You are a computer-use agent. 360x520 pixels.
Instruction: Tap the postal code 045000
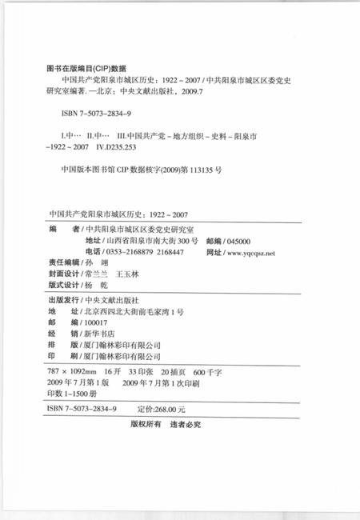(x=239, y=241)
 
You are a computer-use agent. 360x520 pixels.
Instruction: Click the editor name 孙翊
(x=100, y=262)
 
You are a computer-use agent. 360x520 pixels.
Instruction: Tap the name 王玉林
(x=127, y=274)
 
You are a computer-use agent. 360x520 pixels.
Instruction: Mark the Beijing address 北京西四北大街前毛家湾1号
(x=130, y=310)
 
